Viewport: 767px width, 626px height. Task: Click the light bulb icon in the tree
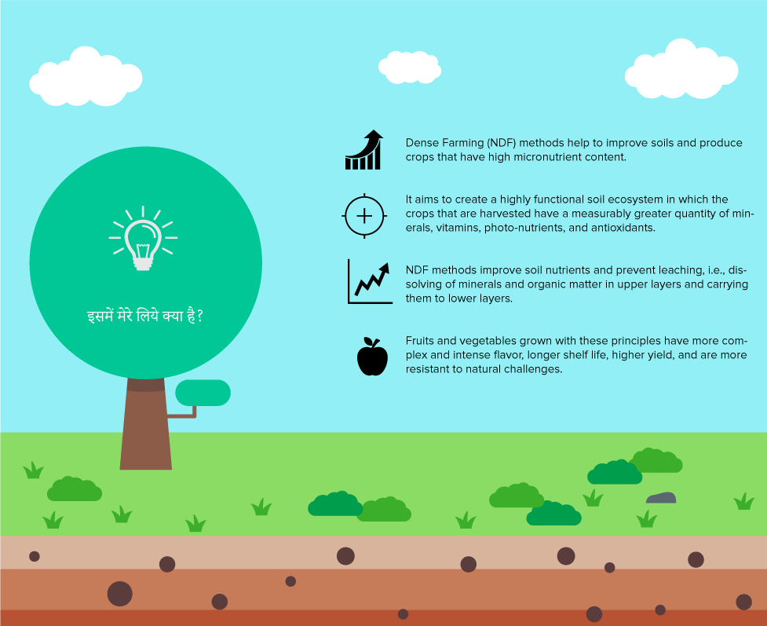click(x=143, y=239)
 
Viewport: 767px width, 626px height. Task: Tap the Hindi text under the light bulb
click(x=144, y=317)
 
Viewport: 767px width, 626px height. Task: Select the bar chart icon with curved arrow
click(x=364, y=150)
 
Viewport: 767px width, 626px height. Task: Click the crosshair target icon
click(x=364, y=216)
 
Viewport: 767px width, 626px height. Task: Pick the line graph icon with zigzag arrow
click(x=370, y=282)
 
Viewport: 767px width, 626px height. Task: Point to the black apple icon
click(x=372, y=357)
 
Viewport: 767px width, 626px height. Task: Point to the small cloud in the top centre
click(x=410, y=67)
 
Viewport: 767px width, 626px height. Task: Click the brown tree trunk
click(x=146, y=424)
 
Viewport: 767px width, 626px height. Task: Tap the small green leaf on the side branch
click(x=203, y=393)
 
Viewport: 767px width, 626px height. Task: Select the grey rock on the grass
click(x=661, y=498)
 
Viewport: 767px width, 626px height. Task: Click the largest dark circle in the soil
click(x=120, y=594)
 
